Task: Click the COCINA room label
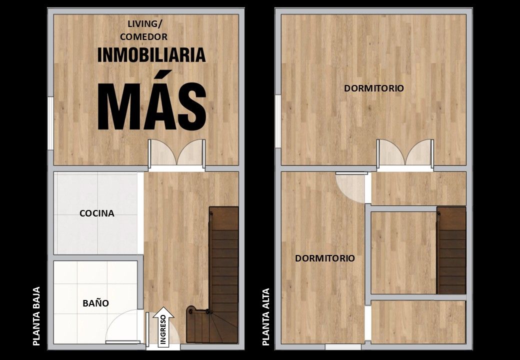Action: coord(97,213)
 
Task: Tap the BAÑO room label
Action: coord(95,302)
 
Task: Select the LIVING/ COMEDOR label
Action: coord(144,30)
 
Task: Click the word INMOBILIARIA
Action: coord(151,55)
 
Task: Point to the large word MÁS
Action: coord(152,101)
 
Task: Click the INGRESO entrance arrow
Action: coord(163,327)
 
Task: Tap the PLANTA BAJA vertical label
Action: coord(36,316)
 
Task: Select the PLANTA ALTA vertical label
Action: coord(265,317)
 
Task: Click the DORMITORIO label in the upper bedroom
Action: coord(374,88)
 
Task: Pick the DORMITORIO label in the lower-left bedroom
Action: coord(325,258)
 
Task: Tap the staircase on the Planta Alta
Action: coord(451,250)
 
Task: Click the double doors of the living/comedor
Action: coord(176,153)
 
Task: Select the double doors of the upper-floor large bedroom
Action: coord(404,153)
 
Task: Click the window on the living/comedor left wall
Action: coord(50,123)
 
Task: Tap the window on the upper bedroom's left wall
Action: coord(278,121)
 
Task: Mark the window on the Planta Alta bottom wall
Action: coord(343,346)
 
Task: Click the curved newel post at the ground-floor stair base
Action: coord(191,311)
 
